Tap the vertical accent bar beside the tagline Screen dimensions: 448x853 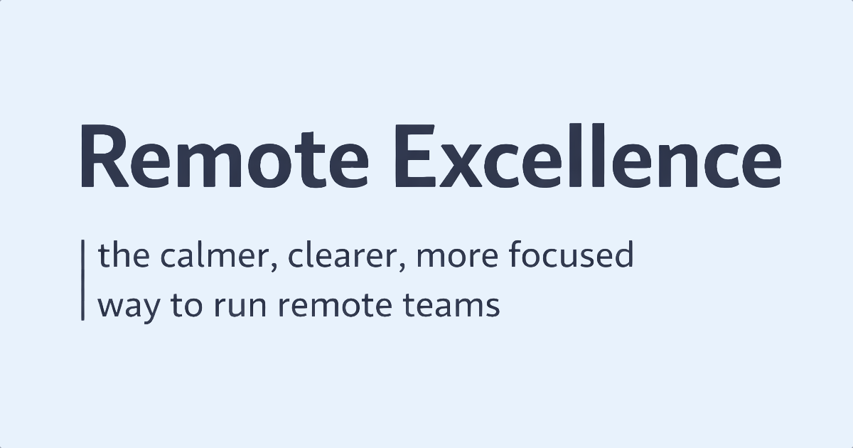pyautogui.click(x=82, y=281)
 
